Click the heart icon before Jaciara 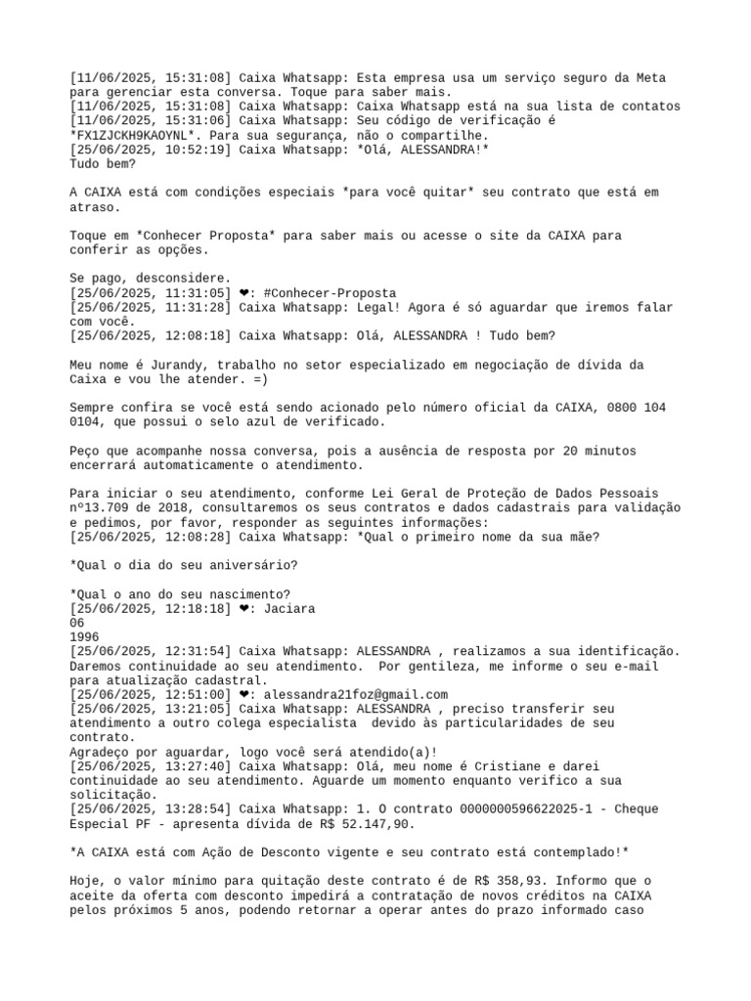coord(244,608)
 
